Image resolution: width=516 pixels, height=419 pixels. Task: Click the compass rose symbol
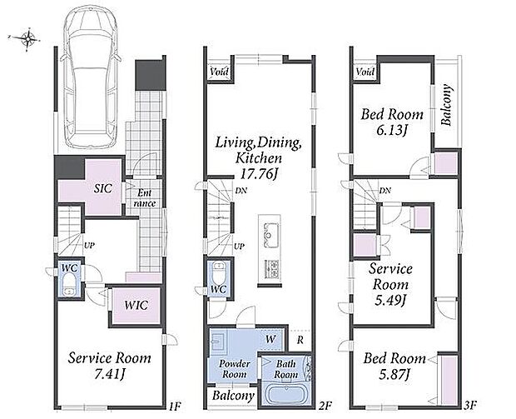(28, 39)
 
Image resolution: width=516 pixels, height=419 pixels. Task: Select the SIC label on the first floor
(103, 188)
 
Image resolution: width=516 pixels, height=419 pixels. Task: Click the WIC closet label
(136, 305)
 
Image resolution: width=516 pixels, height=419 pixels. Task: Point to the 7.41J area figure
(110, 374)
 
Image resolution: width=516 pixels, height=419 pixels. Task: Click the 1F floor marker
(174, 406)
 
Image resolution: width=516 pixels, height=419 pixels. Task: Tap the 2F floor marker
(325, 406)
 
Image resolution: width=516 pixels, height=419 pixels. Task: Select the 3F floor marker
(470, 405)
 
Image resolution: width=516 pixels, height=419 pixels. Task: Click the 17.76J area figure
(258, 174)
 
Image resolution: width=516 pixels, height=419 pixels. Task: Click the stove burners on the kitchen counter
(272, 268)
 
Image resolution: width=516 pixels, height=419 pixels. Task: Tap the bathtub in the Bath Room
(285, 395)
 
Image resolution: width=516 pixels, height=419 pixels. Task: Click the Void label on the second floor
(219, 72)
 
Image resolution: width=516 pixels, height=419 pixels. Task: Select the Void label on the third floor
(365, 72)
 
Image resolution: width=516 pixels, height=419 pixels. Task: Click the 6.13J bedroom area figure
(391, 131)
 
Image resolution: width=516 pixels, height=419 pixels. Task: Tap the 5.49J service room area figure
(389, 300)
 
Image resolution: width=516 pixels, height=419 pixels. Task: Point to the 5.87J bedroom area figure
(394, 375)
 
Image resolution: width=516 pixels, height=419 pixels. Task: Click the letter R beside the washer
(300, 340)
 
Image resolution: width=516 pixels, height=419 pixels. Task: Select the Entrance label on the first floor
(145, 198)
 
